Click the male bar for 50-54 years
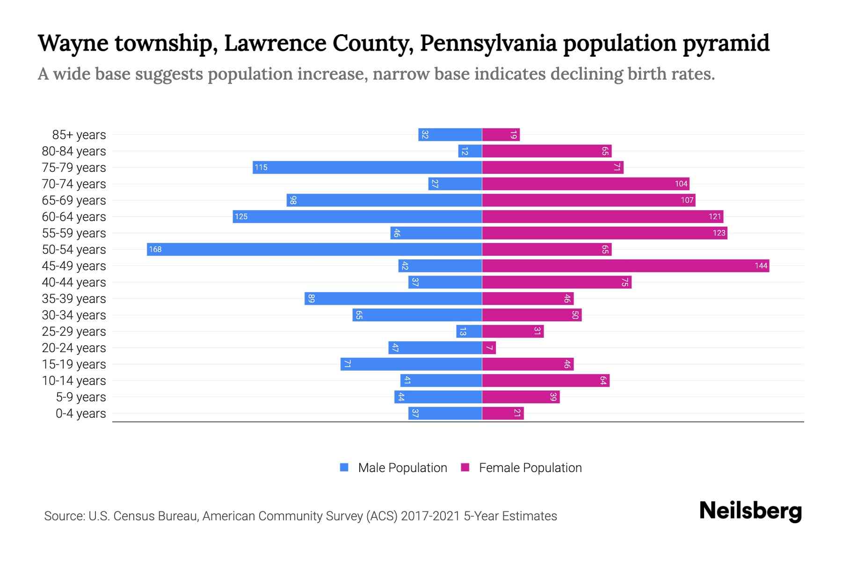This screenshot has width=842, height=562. click(314, 249)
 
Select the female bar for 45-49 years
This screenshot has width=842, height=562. click(625, 266)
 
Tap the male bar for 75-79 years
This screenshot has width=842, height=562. click(367, 167)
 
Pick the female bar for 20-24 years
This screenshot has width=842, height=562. click(489, 348)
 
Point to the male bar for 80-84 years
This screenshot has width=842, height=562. click(470, 151)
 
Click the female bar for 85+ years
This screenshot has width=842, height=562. click(501, 134)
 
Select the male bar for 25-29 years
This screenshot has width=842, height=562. click(469, 331)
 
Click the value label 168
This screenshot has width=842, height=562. click(155, 249)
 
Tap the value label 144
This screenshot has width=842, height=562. click(761, 266)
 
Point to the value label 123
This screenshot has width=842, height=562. click(719, 233)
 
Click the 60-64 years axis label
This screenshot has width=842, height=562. click(74, 216)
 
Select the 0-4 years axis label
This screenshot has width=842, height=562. click(80, 413)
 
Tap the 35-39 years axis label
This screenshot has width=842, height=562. click(74, 298)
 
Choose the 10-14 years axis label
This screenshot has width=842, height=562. click(74, 380)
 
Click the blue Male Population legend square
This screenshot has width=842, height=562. click(344, 467)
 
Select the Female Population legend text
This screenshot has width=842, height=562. click(530, 467)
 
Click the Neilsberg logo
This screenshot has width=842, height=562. click(750, 511)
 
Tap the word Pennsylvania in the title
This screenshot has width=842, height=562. click(488, 43)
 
